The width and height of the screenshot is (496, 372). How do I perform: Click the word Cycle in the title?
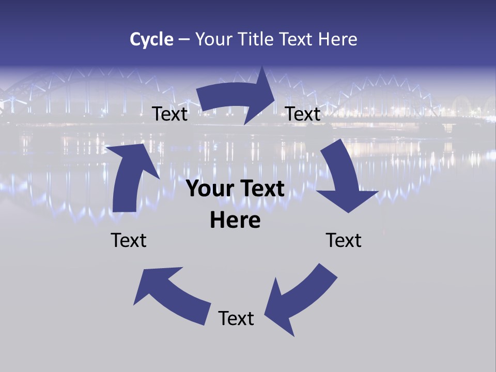151,39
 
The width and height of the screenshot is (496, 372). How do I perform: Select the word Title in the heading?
257,39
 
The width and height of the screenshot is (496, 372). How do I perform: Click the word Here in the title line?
337,39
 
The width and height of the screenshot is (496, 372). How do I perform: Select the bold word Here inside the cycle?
235,221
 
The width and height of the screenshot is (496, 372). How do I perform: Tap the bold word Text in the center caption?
261,189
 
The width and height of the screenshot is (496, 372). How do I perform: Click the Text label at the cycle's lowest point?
236,318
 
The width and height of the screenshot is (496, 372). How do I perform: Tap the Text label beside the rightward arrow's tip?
303,114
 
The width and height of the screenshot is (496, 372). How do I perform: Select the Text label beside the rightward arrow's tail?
170,114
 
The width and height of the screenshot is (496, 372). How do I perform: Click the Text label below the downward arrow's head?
344,240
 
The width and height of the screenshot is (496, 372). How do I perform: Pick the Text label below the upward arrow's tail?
129,240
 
